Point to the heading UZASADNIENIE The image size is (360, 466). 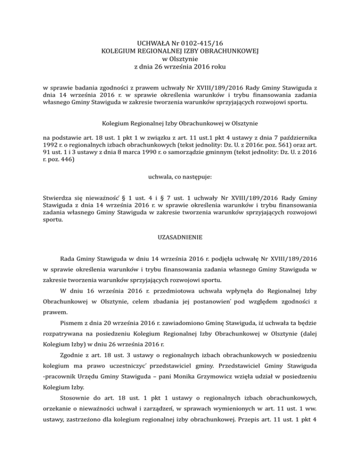pyautogui.click(x=180, y=238)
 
